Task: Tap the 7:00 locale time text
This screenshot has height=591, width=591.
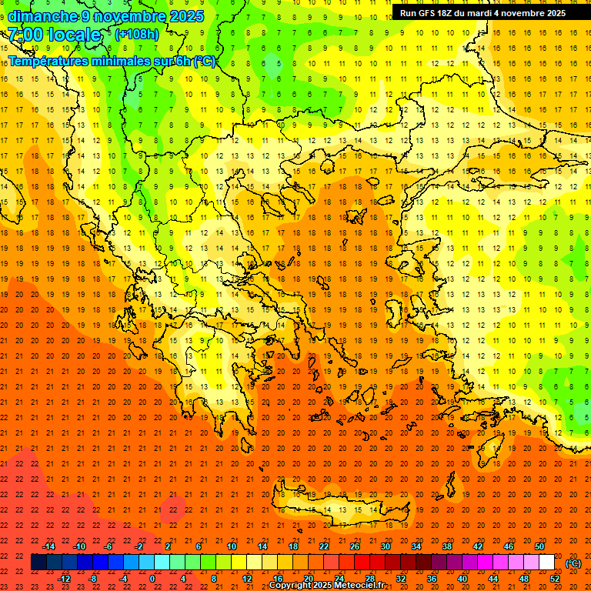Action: click(x=54, y=35)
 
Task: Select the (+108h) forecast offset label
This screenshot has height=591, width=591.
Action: click(x=138, y=35)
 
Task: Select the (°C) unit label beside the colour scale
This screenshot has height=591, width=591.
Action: click(x=573, y=563)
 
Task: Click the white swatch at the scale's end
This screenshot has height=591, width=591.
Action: click(x=546, y=563)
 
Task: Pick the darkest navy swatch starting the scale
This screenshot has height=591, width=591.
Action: click(x=39, y=563)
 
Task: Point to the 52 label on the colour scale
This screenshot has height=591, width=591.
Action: click(x=555, y=579)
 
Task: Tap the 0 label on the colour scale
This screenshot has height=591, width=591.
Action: click(x=152, y=579)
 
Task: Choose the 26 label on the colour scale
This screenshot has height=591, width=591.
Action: click(x=355, y=546)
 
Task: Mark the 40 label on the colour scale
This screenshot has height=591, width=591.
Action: click(x=462, y=579)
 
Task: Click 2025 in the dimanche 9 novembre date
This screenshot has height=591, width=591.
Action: click(x=185, y=16)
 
